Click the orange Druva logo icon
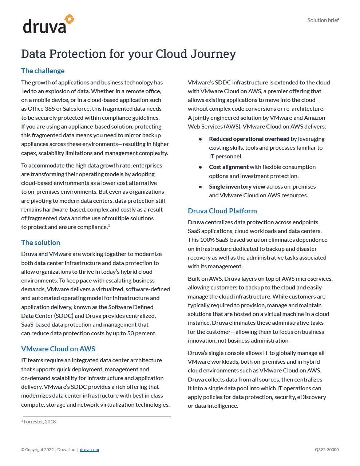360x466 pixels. click(69, 19)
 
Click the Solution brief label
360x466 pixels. click(323, 20)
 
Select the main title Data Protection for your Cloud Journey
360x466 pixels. click(128, 54)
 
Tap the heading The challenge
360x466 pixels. click(43, 71)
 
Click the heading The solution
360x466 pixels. click(40, 242)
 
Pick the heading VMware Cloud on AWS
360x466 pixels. click(58, 349)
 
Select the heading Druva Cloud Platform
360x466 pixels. click(222, 211)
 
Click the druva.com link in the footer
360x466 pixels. click(89, 450)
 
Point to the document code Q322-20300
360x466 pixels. click(327, 450)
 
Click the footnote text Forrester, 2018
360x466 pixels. click(40, 422)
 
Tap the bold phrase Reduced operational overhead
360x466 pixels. click(249, 139)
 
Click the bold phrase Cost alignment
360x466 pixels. click(229, 167)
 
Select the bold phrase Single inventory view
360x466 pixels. click(237, 186)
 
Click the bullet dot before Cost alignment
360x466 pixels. click(200, 167)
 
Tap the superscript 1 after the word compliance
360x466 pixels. click(109, 226)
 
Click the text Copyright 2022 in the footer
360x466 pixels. click(39, 450)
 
